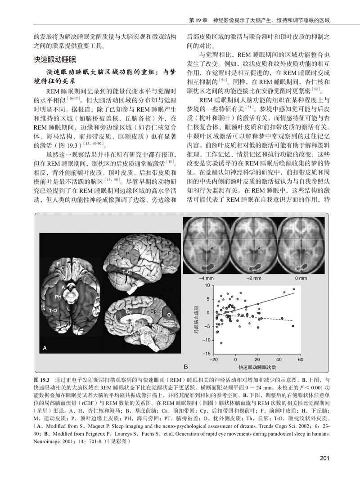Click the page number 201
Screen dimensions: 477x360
(325, 459)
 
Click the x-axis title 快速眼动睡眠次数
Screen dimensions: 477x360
(255, 367)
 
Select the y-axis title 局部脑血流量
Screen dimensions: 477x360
(197, 319)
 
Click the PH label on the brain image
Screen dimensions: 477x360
(58, 297)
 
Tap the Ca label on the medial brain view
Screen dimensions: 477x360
(129, 311)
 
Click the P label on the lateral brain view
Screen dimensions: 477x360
(127, 254)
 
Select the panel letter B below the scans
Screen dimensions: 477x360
(185, 367)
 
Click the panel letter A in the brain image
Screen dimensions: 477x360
(45, 348)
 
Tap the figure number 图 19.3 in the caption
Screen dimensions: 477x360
(43, 379)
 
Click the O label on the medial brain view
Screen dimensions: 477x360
(169, 315)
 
